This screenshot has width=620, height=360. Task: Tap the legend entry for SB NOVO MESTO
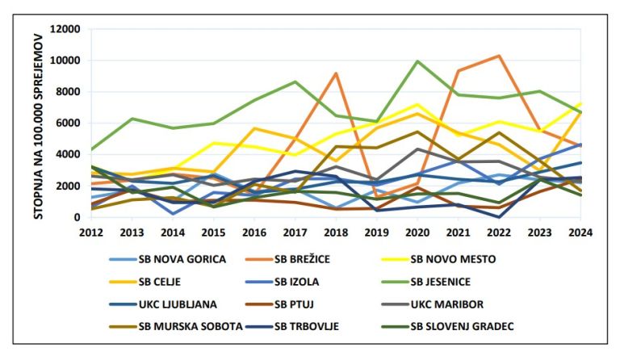pyautogui.click(x=452, y=260)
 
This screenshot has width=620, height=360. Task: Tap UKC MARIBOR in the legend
pyautogui.click(x=446, y=304)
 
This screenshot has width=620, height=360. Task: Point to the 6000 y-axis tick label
pyautogui.click(x=69, y=123)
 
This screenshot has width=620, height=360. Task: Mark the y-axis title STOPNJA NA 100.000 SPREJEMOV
pyautogui.click(x=38, y=123)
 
